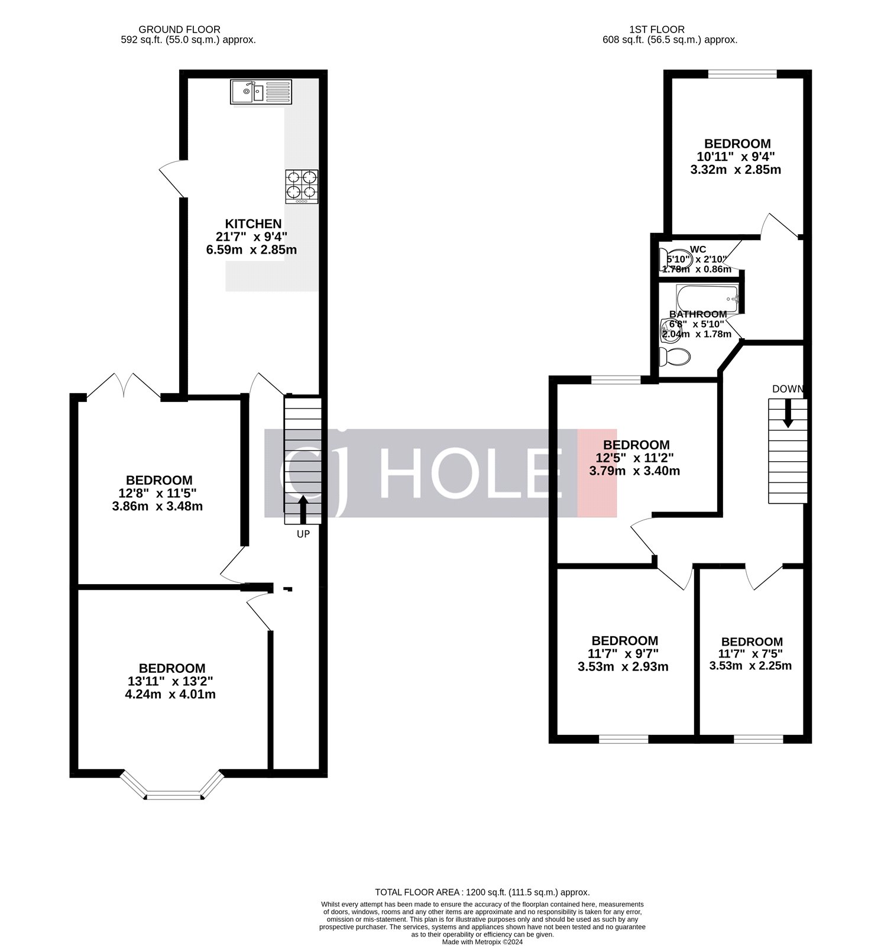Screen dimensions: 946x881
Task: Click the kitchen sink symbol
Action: click(x=261, y=92)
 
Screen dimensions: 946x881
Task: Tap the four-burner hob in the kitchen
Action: click(x=302, y=186)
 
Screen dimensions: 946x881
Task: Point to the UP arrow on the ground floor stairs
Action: click(x=303, y=509)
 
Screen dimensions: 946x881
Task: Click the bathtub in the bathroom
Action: click(x=707, y=299)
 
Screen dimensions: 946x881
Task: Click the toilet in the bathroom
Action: click(x=675, y=357)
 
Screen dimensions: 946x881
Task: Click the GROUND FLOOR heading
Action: click(x=179, y=30)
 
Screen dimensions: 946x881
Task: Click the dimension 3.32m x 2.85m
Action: click(x=736, y=170)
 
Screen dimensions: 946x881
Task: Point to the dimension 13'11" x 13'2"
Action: click(x=170, y=681)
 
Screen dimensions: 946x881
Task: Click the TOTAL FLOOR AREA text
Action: click(x=482, y=892)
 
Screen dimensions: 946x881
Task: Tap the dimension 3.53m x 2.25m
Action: click(x=750, y=666)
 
